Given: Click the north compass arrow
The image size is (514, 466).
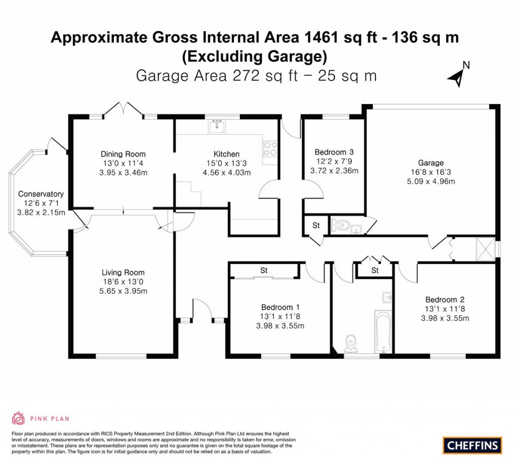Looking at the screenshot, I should tap(457, 75).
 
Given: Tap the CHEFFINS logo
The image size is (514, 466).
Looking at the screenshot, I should tap(472, 444).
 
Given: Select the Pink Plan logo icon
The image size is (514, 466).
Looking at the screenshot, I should tap(18, 418).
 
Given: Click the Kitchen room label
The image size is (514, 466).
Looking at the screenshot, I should tap(226, 154).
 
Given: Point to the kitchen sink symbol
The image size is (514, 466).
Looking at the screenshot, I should tap(217, 126).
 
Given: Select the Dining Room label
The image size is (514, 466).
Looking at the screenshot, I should tap(123, 154).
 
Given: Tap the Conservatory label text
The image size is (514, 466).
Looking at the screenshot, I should tap(41, 194).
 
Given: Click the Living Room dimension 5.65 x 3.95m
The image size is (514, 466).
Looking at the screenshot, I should tap(123, 291).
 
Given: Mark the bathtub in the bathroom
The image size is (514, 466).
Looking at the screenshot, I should tap(382, 332).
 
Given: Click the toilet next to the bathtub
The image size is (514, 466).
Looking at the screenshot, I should tap(351, 343).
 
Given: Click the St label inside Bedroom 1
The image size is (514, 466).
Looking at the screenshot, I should tap(264, 271).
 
